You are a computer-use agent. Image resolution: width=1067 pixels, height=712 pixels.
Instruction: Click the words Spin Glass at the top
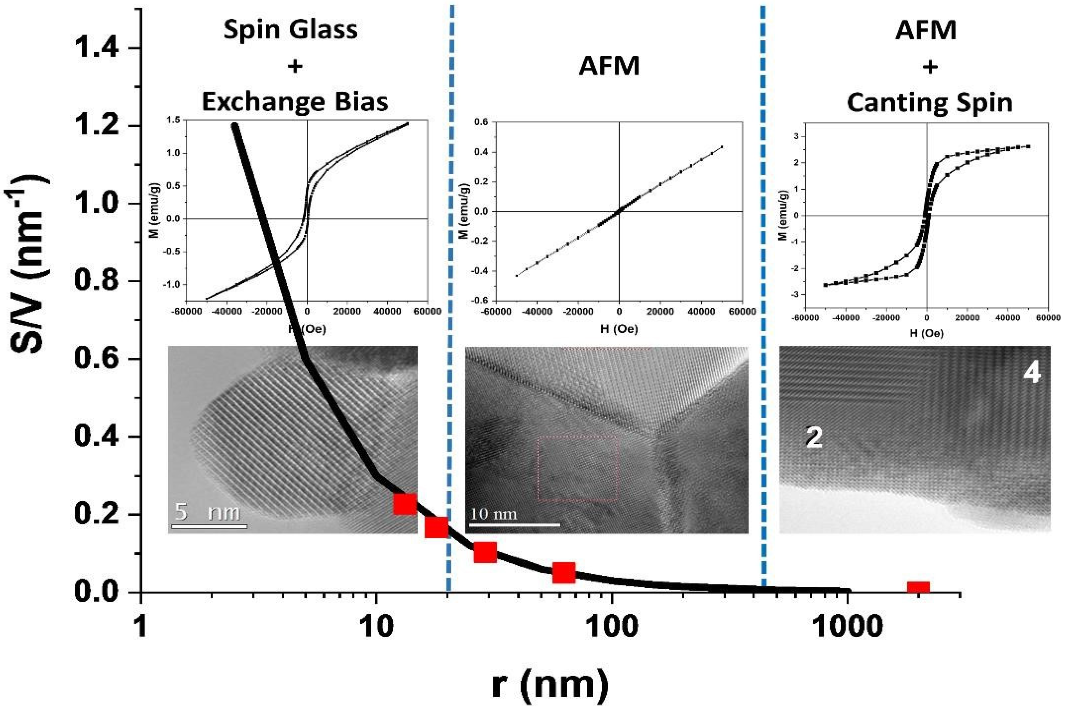pos(290,30)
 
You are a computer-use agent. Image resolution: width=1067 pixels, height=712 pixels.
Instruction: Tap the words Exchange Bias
pos(295,102)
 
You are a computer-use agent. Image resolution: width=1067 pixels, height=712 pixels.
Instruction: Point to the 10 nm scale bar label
pos(493,515)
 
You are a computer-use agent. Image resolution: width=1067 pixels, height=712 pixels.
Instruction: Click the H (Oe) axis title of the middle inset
pos(619,329)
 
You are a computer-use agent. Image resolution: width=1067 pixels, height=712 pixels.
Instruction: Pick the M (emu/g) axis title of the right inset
pos(783,215)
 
